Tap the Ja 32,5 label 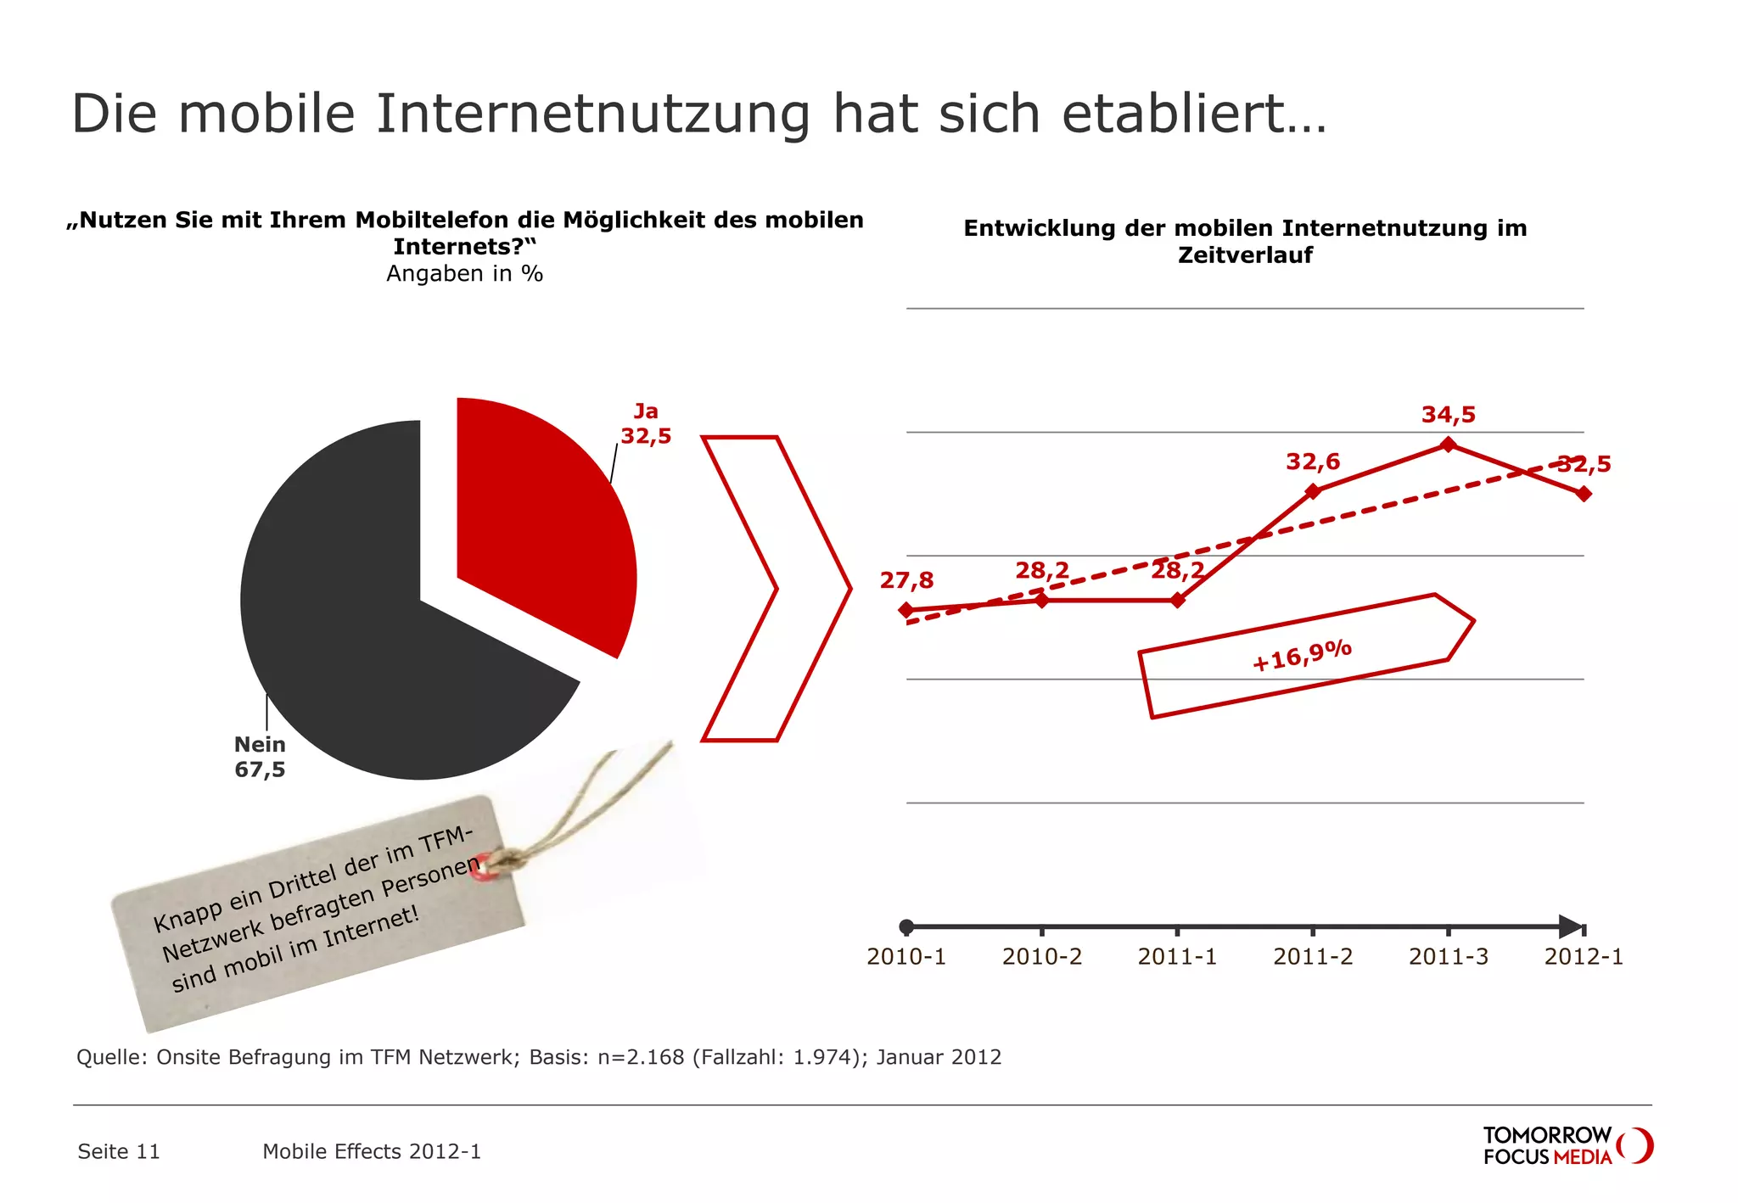point(646,424)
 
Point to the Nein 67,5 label point(260,757)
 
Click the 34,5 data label point(1449,415)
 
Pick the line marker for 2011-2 point(1313,491)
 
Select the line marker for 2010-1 point(906,610)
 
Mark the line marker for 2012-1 point(1584,494)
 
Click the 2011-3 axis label point(1448,957)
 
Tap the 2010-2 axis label point(1041,957)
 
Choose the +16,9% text point(1302,656)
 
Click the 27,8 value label point(906,580)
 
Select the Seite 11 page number point(119,1151)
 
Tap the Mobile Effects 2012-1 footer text point(372,1151)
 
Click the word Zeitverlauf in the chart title point(1245,255)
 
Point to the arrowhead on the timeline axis point(1570,926)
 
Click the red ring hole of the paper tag point(482,869)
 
